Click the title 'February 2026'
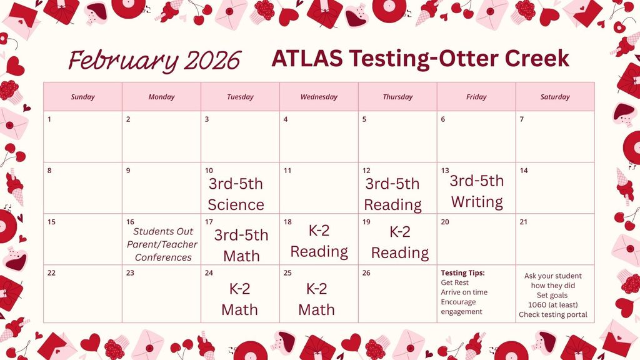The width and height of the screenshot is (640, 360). tap(154, 61)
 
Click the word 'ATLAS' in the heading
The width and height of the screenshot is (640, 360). tap(307, 59)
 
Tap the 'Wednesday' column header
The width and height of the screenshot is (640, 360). tap(319, 97)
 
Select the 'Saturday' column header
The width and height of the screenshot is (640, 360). tap(555, 97)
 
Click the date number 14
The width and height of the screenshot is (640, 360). tap(524, 171)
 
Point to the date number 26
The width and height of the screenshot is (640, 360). tap(366, 273)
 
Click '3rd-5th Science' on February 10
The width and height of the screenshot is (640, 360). tap(236, 194)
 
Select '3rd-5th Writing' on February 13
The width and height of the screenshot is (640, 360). tap(476, 191)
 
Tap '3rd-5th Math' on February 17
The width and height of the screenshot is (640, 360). tap(241, 245)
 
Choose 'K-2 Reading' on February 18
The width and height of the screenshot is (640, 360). tap(319, 241)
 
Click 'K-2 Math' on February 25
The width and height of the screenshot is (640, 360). tap(316, 299)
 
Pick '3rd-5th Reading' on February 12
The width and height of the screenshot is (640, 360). tap(392, 194)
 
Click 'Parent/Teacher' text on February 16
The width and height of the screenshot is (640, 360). tap(162, 244)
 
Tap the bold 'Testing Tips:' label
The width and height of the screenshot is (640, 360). tap(462, 273)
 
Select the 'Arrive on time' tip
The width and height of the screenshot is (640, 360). tap(464, 292)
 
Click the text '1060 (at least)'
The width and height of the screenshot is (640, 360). tap(552, 305)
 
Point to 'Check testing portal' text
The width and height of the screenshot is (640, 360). tap(552, 315)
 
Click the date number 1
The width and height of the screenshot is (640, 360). tap(50, 119)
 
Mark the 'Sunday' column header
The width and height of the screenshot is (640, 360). tap(82, 97)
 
